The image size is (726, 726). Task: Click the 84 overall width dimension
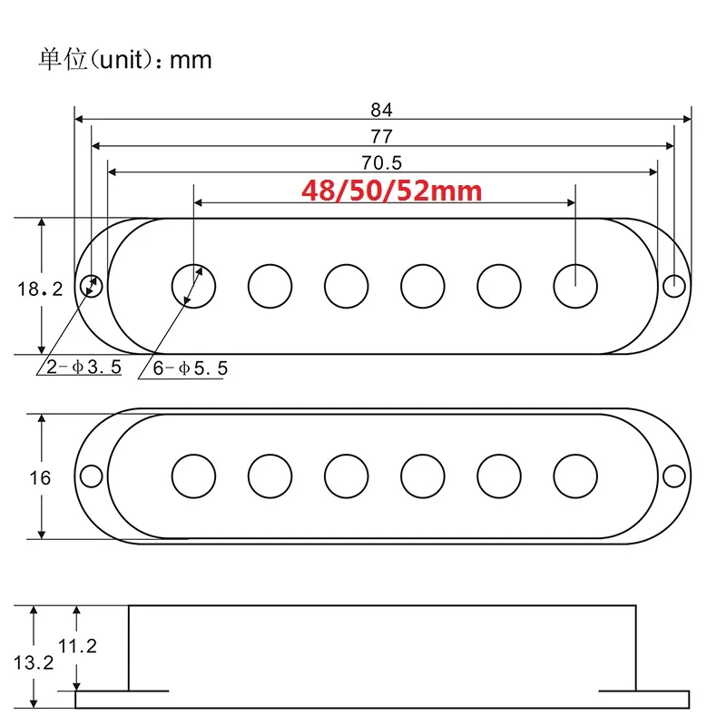tap(381, 110)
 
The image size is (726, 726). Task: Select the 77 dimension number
tap(381, 136)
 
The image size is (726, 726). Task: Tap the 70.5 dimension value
tap(381, 163)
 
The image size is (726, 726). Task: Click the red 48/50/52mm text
tap(391, 191)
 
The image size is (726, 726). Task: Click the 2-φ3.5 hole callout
tap(80, 368)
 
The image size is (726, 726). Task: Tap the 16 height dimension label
tap(40, 477)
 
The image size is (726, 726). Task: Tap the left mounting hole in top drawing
tap(92, 285)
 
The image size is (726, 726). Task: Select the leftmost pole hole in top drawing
tap(194, 285)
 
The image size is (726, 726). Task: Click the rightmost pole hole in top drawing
tap(575, 285)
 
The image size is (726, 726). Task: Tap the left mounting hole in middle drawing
tap(92, 476)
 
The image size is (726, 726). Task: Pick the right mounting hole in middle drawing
tap(673, 476)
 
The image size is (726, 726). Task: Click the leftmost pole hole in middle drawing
tap(194, 476)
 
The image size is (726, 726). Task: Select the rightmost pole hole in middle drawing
tap(575, 476)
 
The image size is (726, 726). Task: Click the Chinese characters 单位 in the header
tap(62, 60)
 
